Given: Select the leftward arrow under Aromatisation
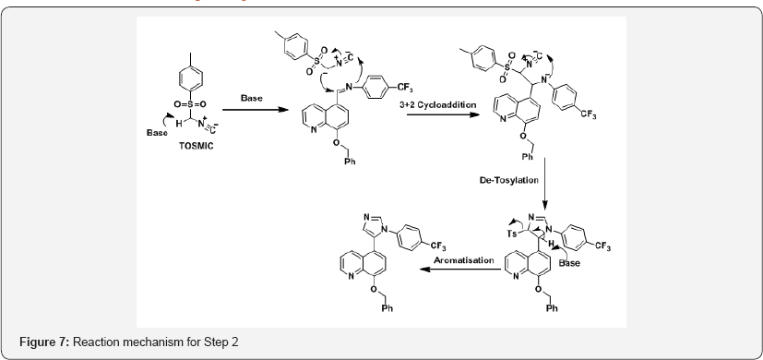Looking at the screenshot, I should pyautogui.click(x=459, y=270).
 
